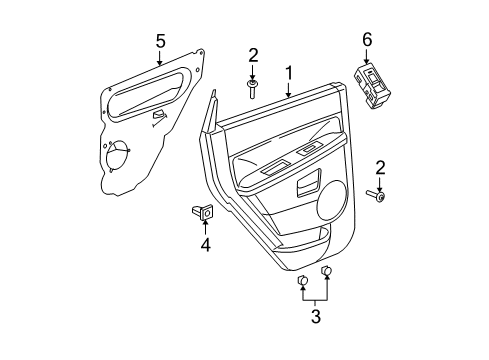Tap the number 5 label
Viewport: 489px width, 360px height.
(x=159, y=41)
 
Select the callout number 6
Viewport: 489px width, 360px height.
(x=366, y=38)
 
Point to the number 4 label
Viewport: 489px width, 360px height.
(x=204, y=243)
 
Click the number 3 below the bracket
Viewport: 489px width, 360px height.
(x=315, y=317)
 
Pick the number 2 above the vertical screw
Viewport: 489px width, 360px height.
(x=253, y=56)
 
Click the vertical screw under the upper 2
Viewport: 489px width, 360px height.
(x=253, y=90)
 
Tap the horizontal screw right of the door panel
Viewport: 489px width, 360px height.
(x=377, y=196)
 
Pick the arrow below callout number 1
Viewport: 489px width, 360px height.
(x=288, y=89)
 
